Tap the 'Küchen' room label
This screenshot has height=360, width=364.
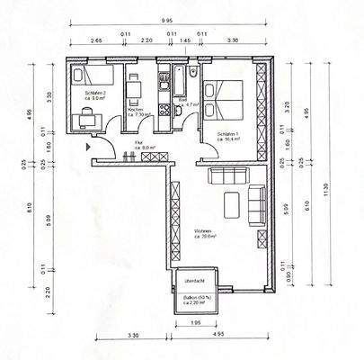tap(138, 111)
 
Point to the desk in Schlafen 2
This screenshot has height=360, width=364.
tap(88, 114)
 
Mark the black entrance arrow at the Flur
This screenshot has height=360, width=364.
tap(86, 143)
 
